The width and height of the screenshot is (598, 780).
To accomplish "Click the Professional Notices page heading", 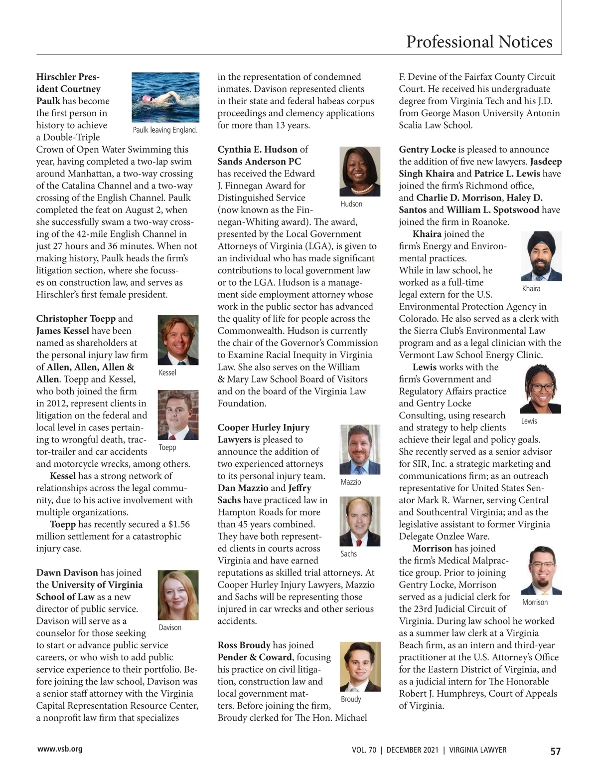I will tap(479, 41).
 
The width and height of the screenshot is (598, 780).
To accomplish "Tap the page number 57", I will tap(556, 751).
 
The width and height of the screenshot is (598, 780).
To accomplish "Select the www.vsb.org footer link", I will tap(59, 749).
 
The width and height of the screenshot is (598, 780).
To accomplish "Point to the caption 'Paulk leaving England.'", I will tap(165, 130).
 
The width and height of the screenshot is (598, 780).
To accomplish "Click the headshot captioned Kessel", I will tap(178, 340).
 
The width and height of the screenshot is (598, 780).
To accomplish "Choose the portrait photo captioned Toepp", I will tap(178, 414).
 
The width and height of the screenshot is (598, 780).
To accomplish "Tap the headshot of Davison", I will tap(178, 595).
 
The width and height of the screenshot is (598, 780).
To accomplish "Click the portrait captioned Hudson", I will tap(359, 171).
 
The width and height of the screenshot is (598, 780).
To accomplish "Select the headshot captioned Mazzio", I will tap(359, 449).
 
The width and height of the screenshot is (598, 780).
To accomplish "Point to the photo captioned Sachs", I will tap(359, 521).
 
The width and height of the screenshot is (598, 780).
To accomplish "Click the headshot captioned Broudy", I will tap(359, 667).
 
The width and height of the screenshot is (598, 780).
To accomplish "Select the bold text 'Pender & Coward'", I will tap(254, 657).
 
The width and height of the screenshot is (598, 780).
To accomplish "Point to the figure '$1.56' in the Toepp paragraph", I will tap(179, 524).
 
